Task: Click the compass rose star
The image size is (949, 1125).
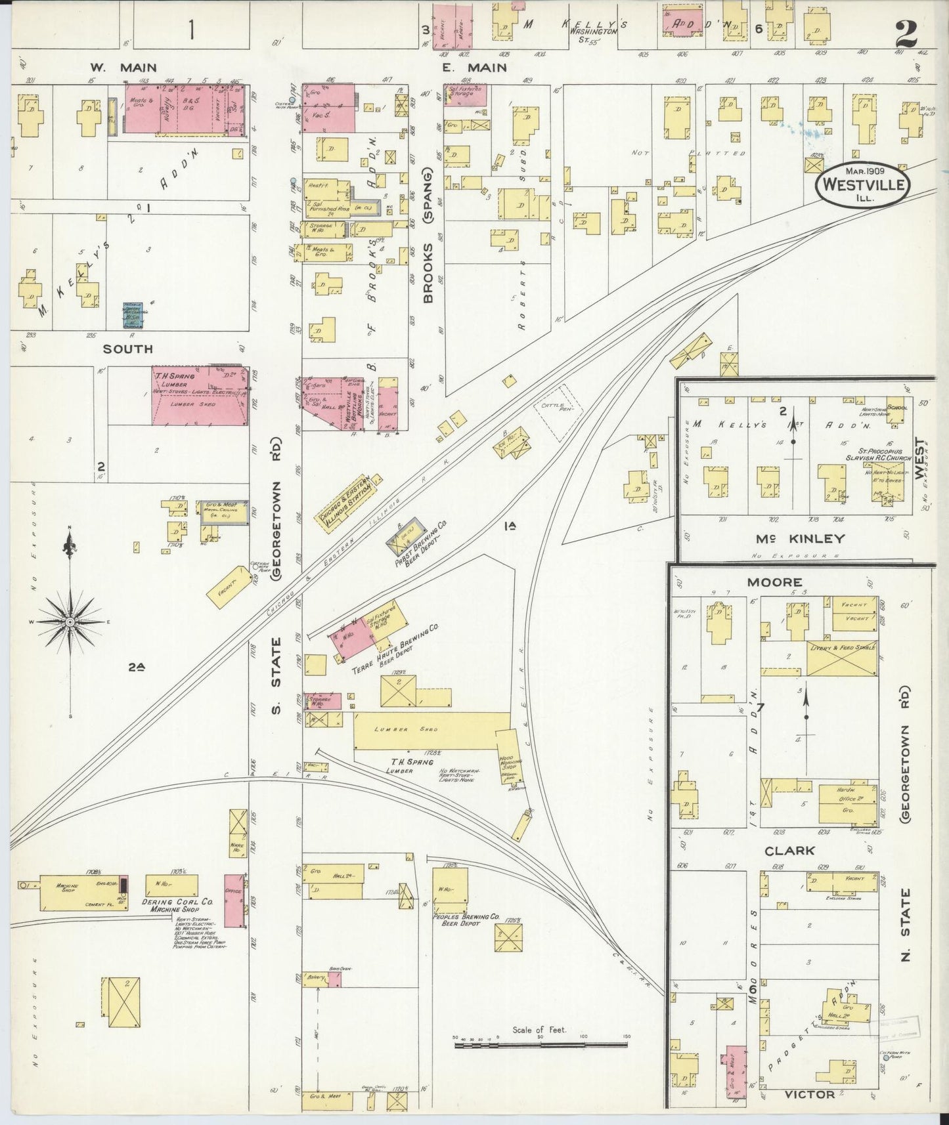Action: (x=70, y=621)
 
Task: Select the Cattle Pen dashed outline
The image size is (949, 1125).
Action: (x=558, y=420)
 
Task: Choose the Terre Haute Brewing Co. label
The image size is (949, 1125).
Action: (x=394, y=647)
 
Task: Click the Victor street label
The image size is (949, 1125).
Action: (x=809, y=1094)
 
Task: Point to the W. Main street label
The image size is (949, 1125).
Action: (x=123, y=67)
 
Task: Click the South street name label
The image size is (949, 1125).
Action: (x=127, y=349)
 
